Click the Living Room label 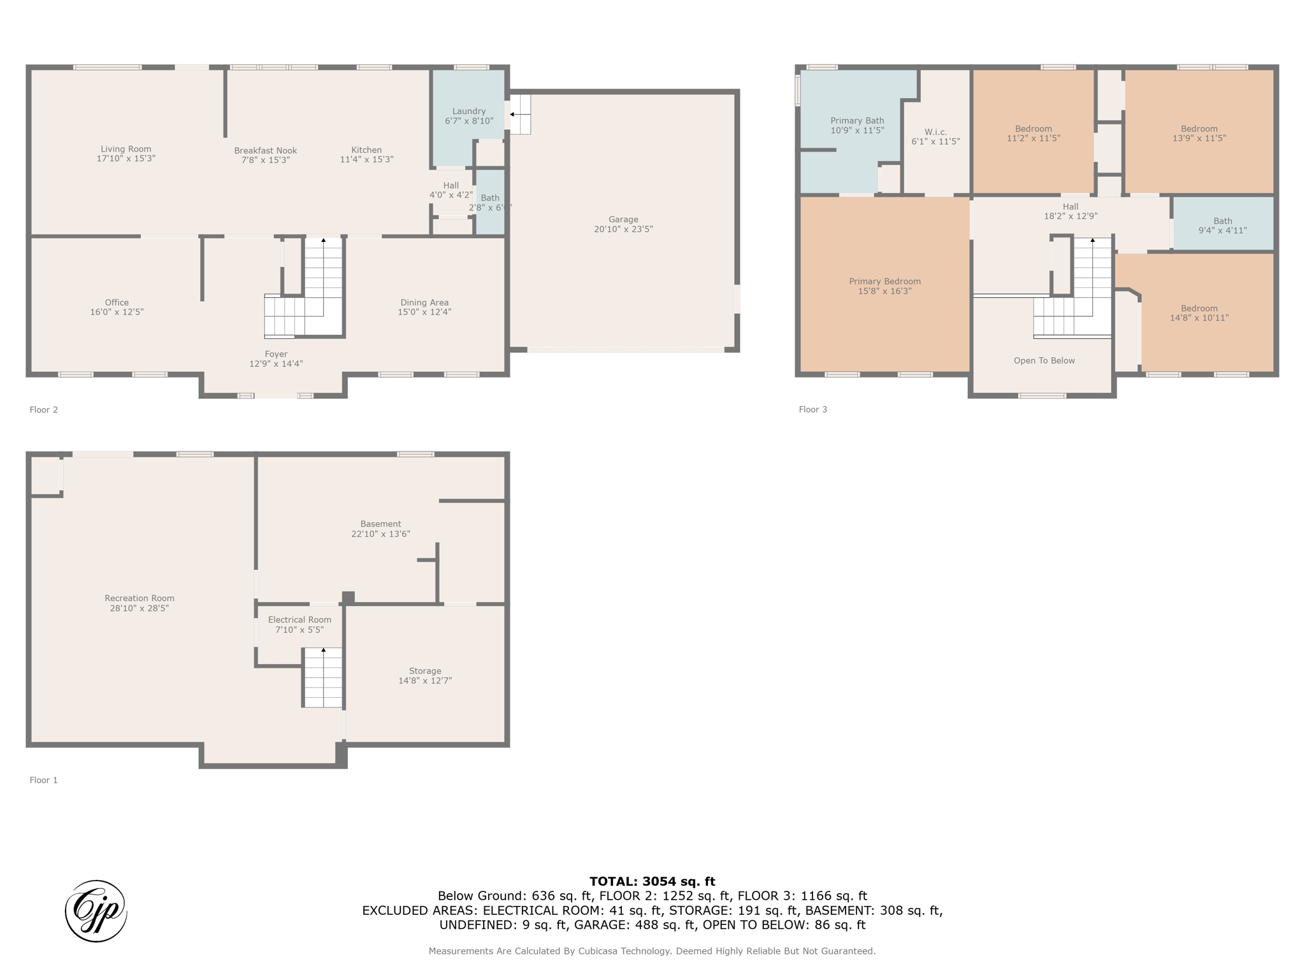(x=126, y=149)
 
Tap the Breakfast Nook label (x=266, y=151)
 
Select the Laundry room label (x=469, y=111)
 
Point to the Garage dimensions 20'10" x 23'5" (x=623, y=229)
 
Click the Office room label (x=117, y=302)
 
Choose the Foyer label (x=276, y=354)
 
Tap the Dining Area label (x=424, y=302)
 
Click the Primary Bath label (x=857, y=121)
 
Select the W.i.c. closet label (x=935, y=132)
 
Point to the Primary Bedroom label (x=884, y=281)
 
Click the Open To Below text (x=1044, y=360)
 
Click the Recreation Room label (x=140, y=599)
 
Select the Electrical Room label (x=299, y=620)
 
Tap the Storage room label (x=425, y=671)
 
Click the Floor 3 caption (x=813, y=409)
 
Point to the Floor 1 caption (x=44, y=780)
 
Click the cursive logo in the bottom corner (x=96, y=911)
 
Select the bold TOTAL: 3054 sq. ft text (x=652, y=882)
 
